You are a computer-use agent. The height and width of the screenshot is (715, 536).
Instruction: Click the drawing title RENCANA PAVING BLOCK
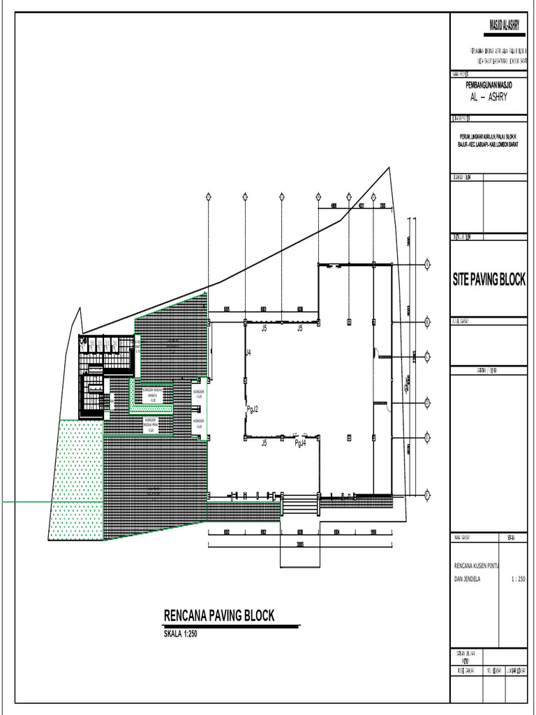[218, 616]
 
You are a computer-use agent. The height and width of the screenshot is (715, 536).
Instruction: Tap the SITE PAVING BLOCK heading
[489, 280]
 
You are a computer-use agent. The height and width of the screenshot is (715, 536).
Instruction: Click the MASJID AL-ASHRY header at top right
[498, 26]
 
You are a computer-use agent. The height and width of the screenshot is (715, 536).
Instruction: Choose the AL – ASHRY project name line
[489, 96]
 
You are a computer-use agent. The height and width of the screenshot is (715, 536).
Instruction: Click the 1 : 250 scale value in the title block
[519, 579]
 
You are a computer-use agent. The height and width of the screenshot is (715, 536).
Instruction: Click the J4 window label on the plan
[248, 353]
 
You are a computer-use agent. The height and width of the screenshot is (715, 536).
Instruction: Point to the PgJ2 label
[252, 408]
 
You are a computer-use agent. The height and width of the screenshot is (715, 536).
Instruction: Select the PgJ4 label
[300, 443]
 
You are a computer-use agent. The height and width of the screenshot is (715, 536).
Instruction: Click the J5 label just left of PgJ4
[265, 443]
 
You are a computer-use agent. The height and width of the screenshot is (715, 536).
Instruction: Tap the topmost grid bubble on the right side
[426, 264]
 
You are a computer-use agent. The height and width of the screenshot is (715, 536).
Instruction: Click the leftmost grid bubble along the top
[209, 196]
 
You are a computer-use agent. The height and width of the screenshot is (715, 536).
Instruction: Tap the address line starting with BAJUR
[488, 145]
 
